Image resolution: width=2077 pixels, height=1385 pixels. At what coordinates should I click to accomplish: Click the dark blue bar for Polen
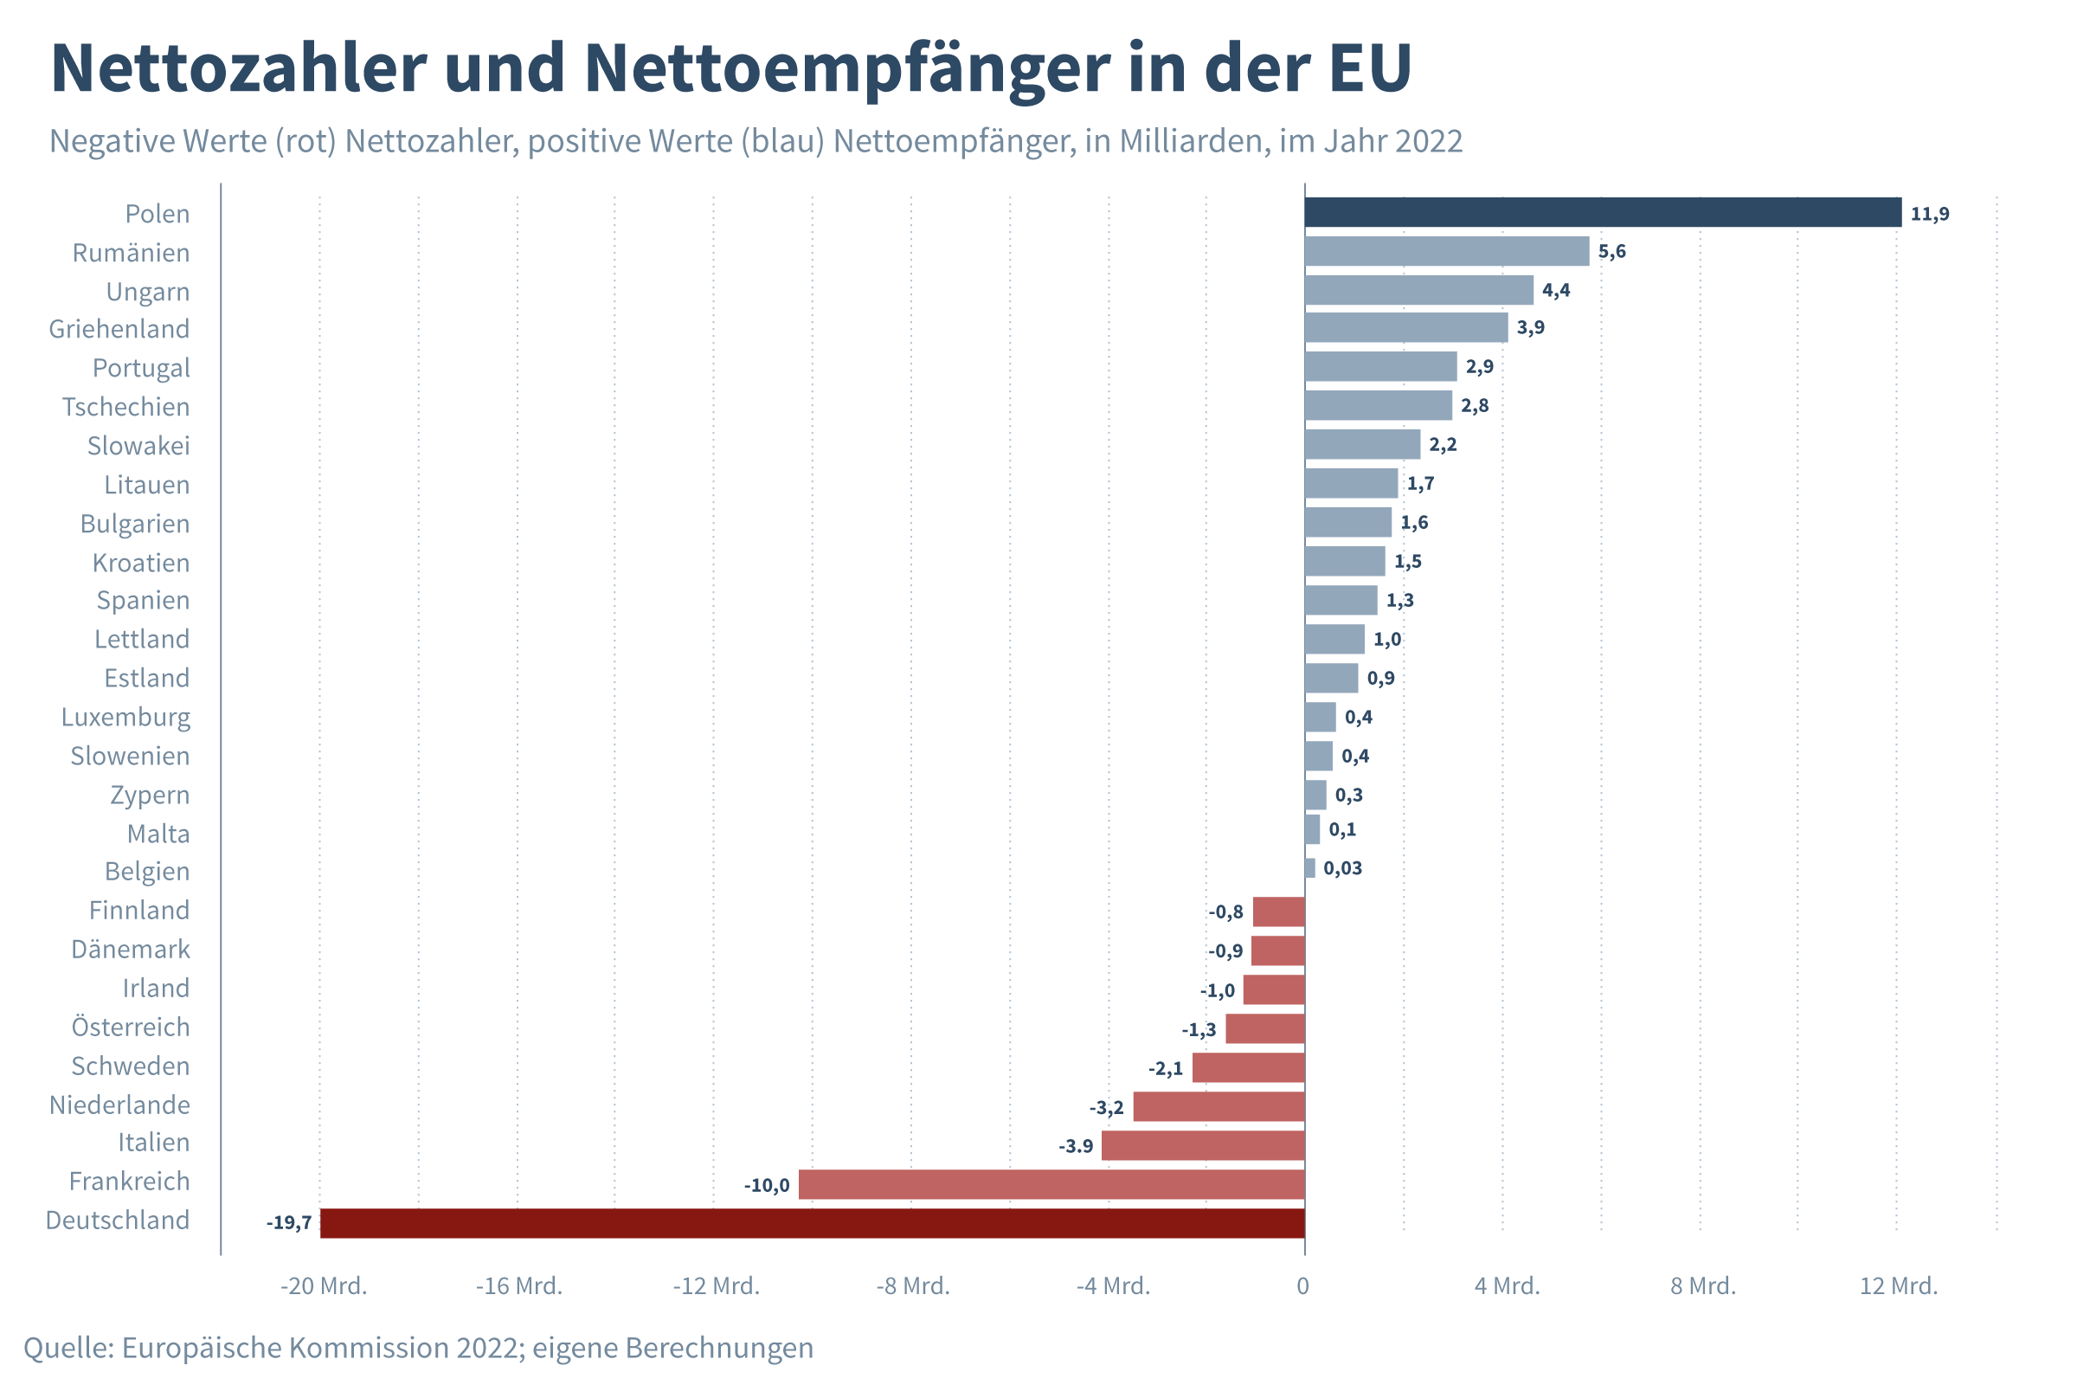pyautogui.click(x=1603, y=212)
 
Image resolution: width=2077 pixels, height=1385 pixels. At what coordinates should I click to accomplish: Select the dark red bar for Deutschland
pyautogui.click(x=813, y=1223)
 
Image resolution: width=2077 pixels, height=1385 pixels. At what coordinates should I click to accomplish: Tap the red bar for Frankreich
pyautogui.click(x=1051, y=1184)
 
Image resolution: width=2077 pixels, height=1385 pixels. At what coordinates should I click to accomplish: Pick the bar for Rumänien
pyautogui.click(x=1446, y=251)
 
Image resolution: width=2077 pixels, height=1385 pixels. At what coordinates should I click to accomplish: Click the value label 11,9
pyautogui.click(x=1930, y=214)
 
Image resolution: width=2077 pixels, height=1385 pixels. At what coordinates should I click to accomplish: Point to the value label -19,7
pyautogui.click(x=289, y=1223)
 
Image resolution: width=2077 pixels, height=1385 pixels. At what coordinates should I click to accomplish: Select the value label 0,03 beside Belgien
pyautogui.click(x=1342, y=868)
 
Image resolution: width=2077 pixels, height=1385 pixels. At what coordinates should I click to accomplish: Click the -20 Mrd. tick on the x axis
pyautogui.click(x=323, y=1286)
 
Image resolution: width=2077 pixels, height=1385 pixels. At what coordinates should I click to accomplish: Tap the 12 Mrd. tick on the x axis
pyautogui.click(x=1899, y=1286)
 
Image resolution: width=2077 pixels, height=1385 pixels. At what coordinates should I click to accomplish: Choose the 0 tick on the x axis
pyautogui.click(x=1302, y=1286)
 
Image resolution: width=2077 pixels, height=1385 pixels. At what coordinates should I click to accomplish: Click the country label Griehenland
pyautogui.click(x=119, y=329)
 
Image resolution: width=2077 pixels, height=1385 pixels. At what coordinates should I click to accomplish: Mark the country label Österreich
pyautogui.click(x=131, y=1027)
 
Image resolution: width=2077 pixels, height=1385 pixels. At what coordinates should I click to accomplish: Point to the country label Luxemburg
pyautogui.click(x=125, y=717)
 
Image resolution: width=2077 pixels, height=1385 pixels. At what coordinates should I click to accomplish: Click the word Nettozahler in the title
pyautogui.click(x=239, y=68)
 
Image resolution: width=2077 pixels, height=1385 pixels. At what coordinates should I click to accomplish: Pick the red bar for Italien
pyautogui.click(x=1203, y=1145)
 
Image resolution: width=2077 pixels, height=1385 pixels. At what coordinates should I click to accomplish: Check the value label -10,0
pyautogui.click(x=767, y=1185)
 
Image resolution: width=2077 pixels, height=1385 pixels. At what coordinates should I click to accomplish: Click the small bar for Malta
pyautogui.click(x=1312, y=829)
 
